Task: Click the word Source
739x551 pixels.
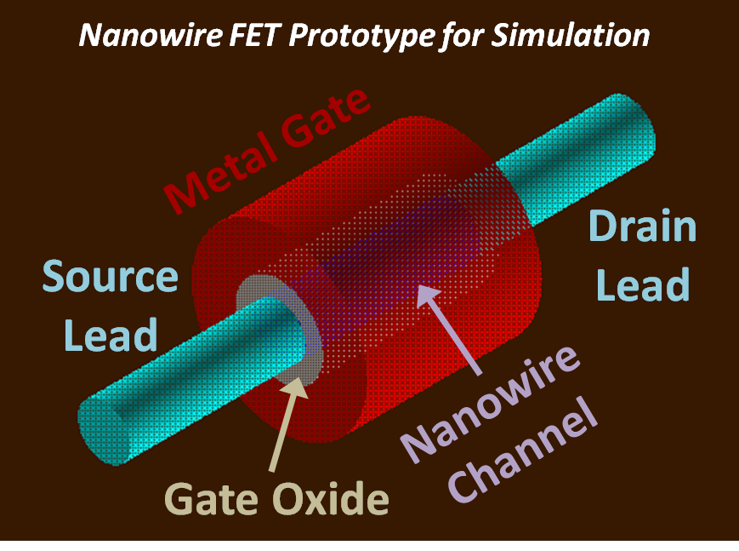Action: point(111,277)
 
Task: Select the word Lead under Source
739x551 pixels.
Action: point(111,335)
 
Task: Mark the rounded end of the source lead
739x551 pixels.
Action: point(102,435)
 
